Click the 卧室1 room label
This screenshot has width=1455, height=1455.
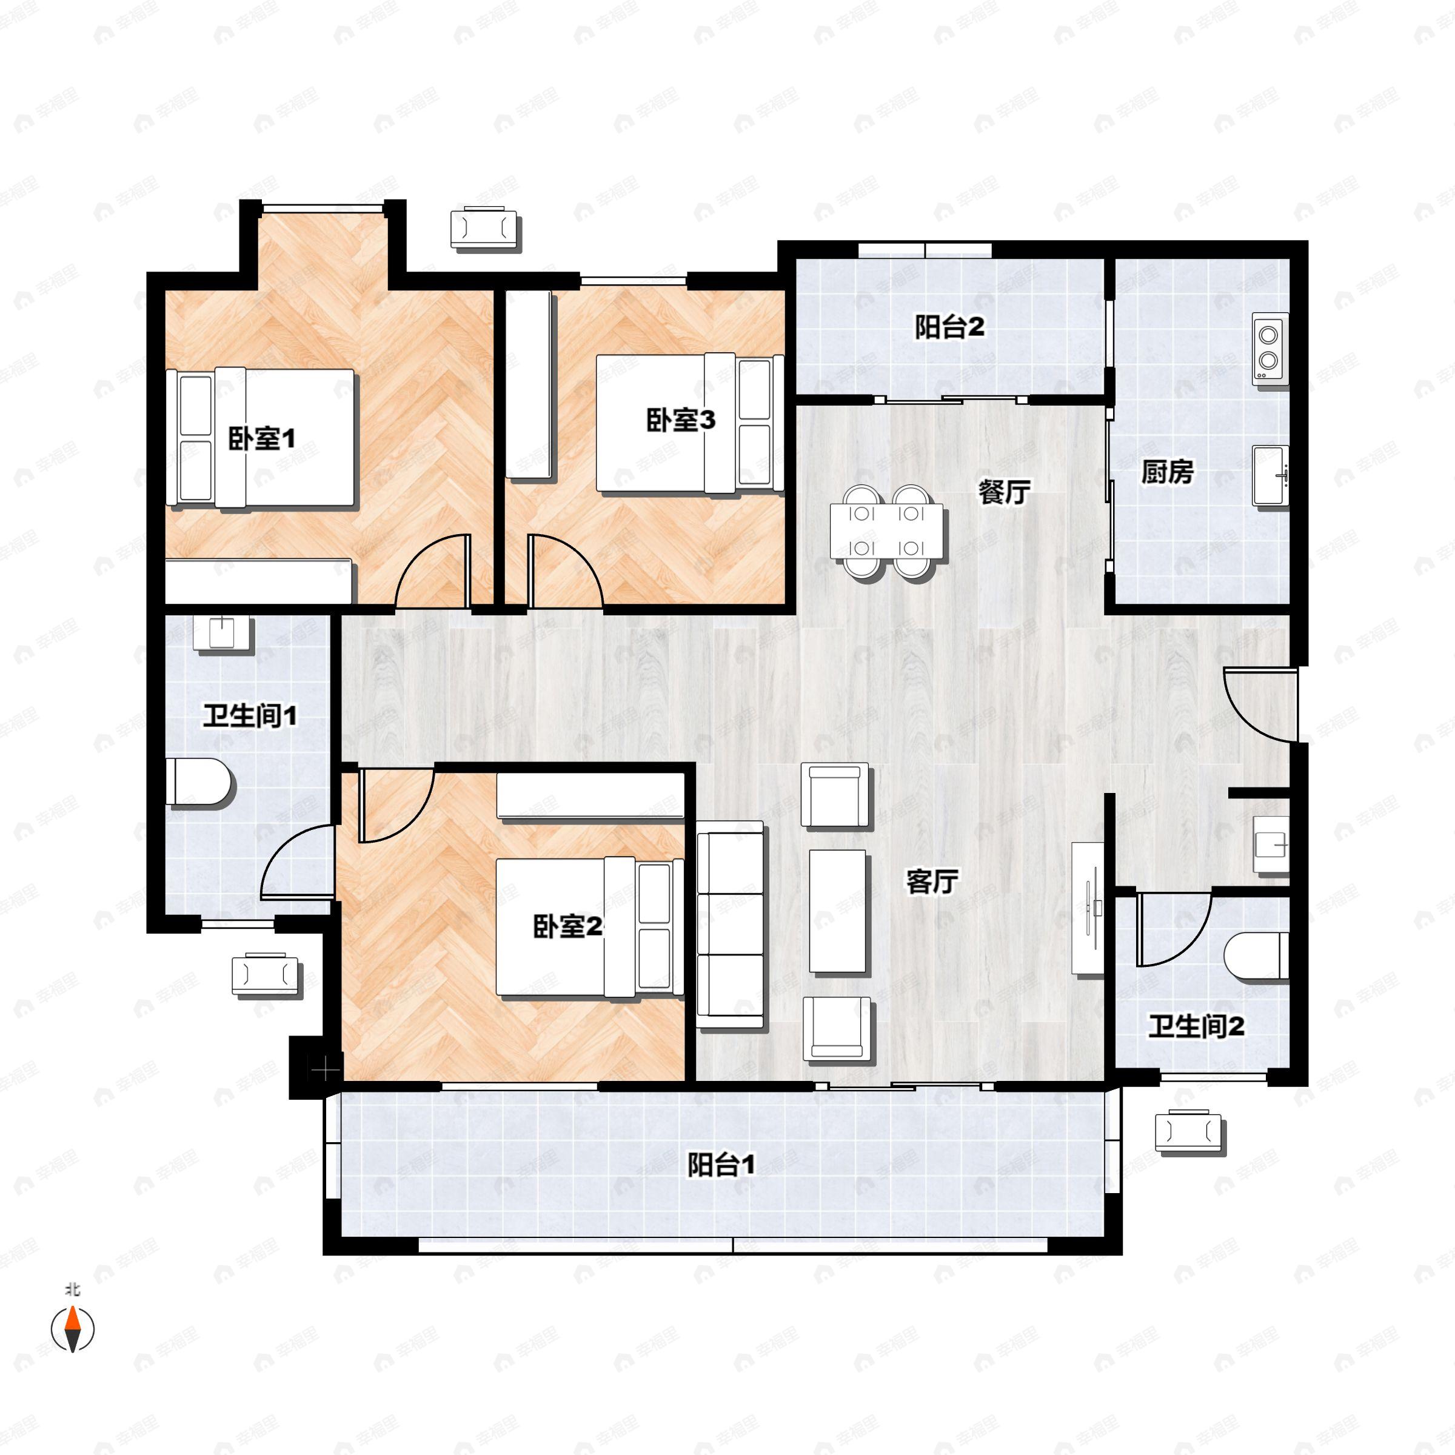click(261, 438)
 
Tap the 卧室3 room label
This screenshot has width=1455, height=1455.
click(680, 420)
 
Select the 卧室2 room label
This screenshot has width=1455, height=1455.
click(567, 926)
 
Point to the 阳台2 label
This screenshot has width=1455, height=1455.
click(949, 327)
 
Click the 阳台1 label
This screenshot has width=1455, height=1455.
click(721, 1165)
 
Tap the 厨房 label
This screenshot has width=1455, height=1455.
click(1167, 472)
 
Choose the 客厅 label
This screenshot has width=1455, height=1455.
click(932, 881)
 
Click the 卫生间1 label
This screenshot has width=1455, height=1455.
click(249, 715)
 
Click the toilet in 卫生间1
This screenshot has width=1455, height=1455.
click(199, 783)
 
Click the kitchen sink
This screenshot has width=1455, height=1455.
click(1269, 475)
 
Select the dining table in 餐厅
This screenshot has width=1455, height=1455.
click(886, 532)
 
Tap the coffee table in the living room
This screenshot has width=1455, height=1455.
click(837, 911)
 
